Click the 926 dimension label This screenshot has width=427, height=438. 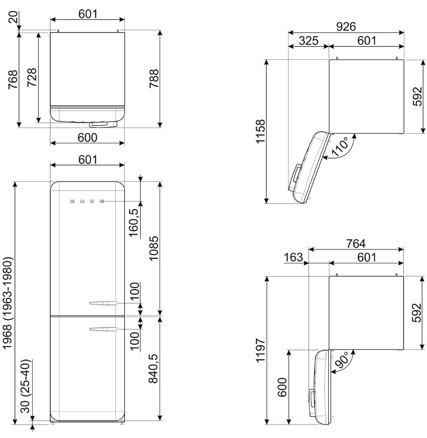coord(346,27)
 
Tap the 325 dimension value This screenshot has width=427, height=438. coord(309,41)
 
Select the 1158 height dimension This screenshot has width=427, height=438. coord(260,131)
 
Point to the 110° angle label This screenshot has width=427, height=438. coord(340,146)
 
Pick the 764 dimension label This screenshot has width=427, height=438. coord(355,243)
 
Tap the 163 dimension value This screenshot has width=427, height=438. coord(294,257)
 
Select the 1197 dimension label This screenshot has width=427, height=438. coord(260,351)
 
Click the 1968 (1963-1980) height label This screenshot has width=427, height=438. coord(8,303)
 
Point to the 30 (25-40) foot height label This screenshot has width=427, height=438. coord(26,386)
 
